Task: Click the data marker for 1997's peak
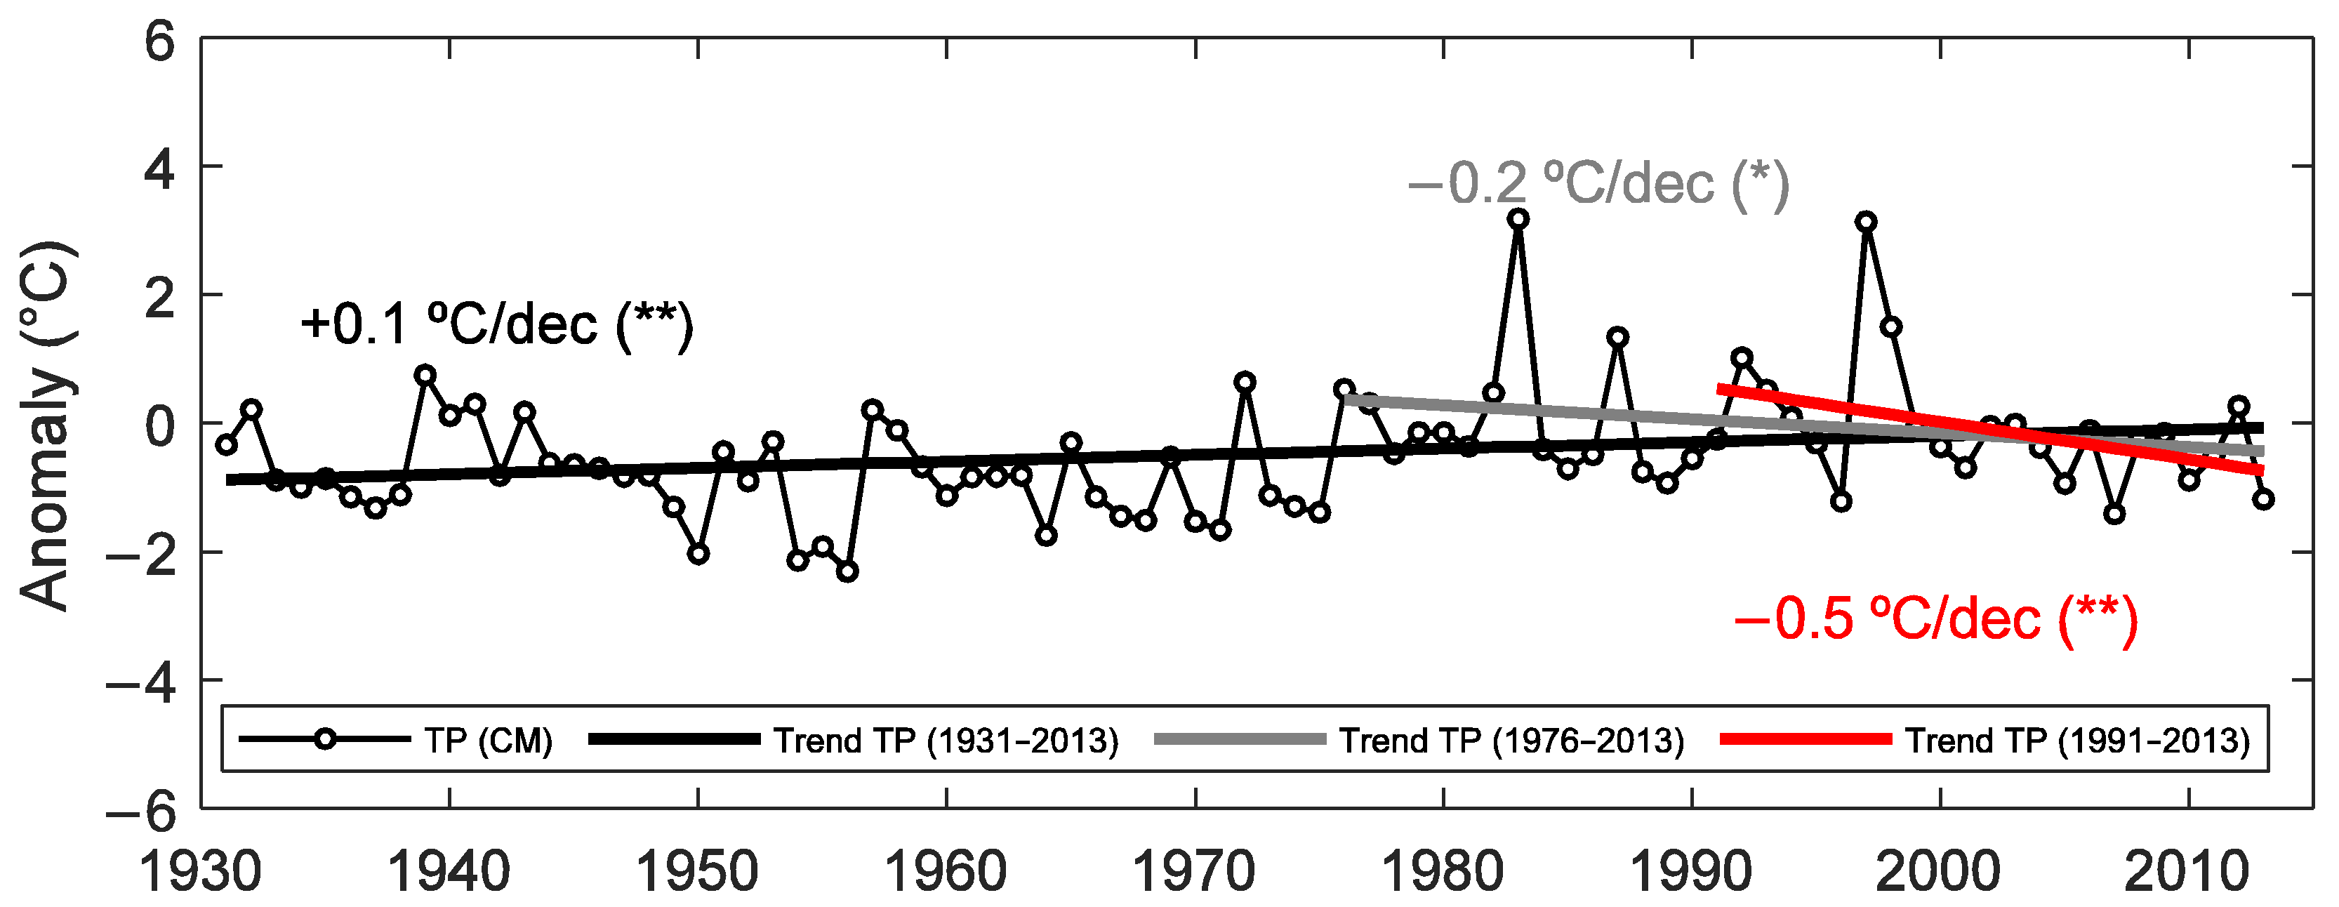1867,222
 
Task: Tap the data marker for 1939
425,375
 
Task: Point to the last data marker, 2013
2264,498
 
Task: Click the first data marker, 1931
226,444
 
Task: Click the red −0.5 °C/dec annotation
1936,619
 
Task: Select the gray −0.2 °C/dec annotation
1598,185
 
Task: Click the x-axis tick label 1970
1194,872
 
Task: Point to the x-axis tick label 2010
2187,872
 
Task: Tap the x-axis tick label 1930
201,872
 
